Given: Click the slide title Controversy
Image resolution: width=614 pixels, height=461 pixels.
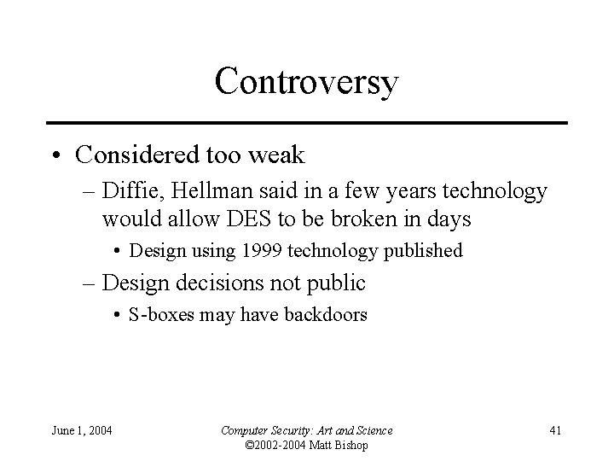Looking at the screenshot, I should pyautogui.click(x=306, y=82).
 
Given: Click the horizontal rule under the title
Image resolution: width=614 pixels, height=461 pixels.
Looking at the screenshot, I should pyautogui.click(x=306, y=123).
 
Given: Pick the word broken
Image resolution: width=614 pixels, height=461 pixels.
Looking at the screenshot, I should pyautogui.click(x=377, y=219).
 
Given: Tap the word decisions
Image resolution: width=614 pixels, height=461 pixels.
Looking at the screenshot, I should pyautogui.click(x=240, y=283).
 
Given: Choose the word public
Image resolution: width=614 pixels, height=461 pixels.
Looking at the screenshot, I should pyautogui.click(x=336, y=283).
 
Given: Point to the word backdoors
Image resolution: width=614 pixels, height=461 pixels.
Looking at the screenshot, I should pyautogui.click(x=325, y=315).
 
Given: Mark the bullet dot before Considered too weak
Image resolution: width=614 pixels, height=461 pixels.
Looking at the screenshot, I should pyautogui.click(x=55, y=155).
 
